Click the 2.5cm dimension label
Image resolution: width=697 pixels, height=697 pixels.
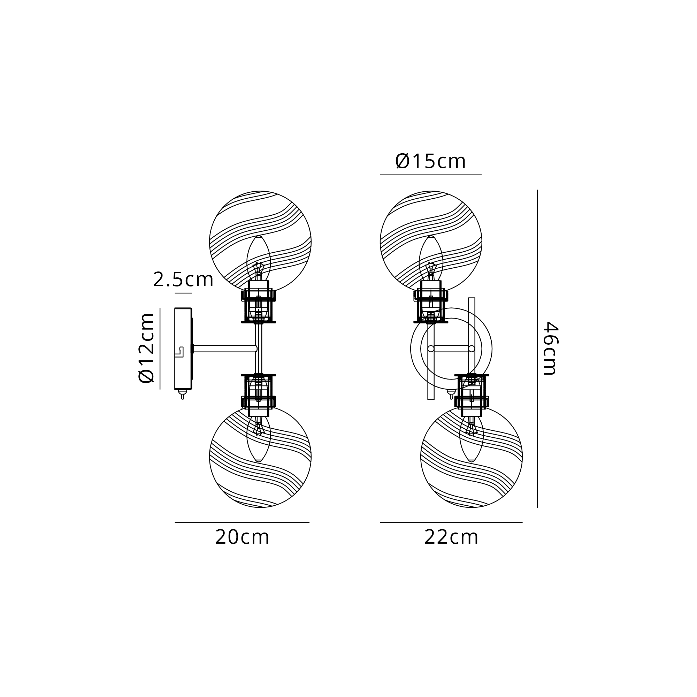pos(183,279)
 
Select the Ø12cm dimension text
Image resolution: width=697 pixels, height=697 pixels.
pos(146,348)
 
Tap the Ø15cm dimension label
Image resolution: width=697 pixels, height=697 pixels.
pos(430,161)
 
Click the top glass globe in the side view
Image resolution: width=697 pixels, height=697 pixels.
pos(260,242)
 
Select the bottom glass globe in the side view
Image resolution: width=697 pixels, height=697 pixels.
pos(260,457)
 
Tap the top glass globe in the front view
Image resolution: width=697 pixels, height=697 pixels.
pos(431,242)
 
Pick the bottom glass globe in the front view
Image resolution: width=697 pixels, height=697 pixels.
pos(472,457)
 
